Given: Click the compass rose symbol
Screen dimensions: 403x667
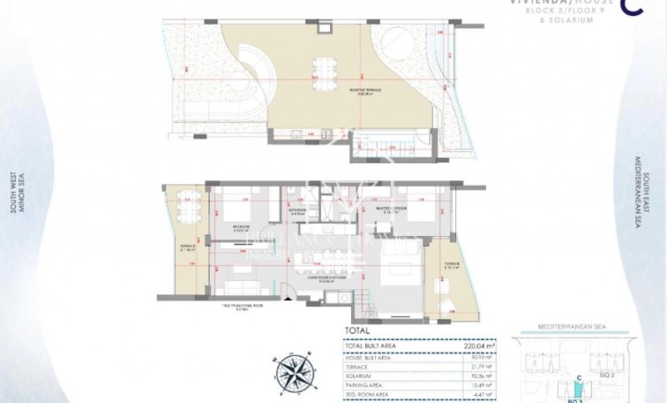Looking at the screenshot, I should pos(296,368).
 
